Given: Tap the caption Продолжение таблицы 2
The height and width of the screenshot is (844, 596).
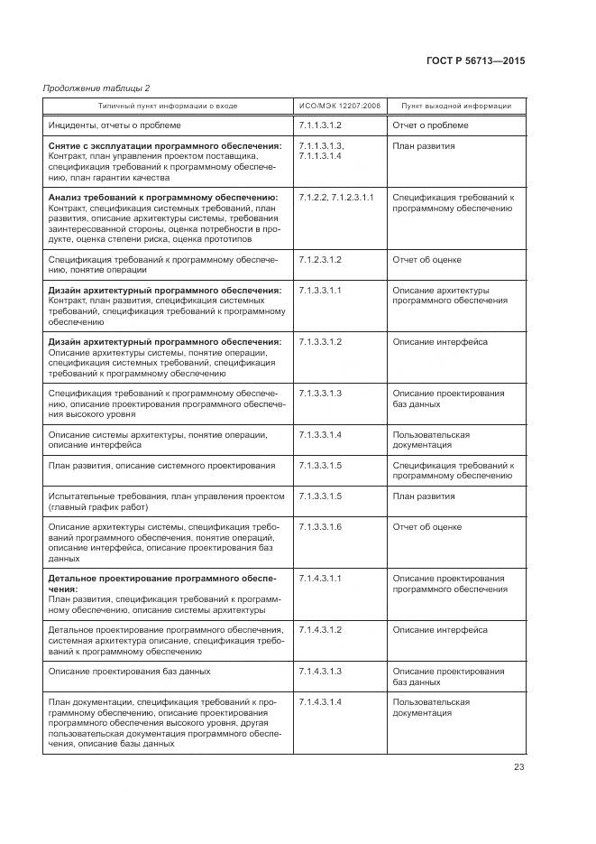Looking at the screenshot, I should (x=96, y=87).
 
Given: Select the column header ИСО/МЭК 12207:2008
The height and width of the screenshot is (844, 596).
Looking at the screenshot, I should (x=338, y=106).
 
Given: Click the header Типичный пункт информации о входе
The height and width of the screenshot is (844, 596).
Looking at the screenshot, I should (x=168, y=106).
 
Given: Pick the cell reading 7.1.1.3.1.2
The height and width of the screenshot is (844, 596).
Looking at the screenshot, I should (x=320, y=125).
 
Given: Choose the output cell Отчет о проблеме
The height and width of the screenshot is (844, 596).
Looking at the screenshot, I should (x=430, y=125).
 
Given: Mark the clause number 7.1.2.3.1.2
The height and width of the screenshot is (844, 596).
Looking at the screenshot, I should (x=320, y=260).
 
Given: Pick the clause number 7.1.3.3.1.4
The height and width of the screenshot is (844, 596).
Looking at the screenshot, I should (x=320, y=435).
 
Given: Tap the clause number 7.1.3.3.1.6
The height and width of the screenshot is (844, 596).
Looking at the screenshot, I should (x=320, y=526).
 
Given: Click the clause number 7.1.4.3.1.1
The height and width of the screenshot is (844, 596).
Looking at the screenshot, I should (x=320, y=578).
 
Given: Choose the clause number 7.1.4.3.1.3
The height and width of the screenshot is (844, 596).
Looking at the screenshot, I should (x=320, y=672).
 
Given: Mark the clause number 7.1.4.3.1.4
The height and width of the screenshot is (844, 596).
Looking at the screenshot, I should (x=320, y=702).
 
